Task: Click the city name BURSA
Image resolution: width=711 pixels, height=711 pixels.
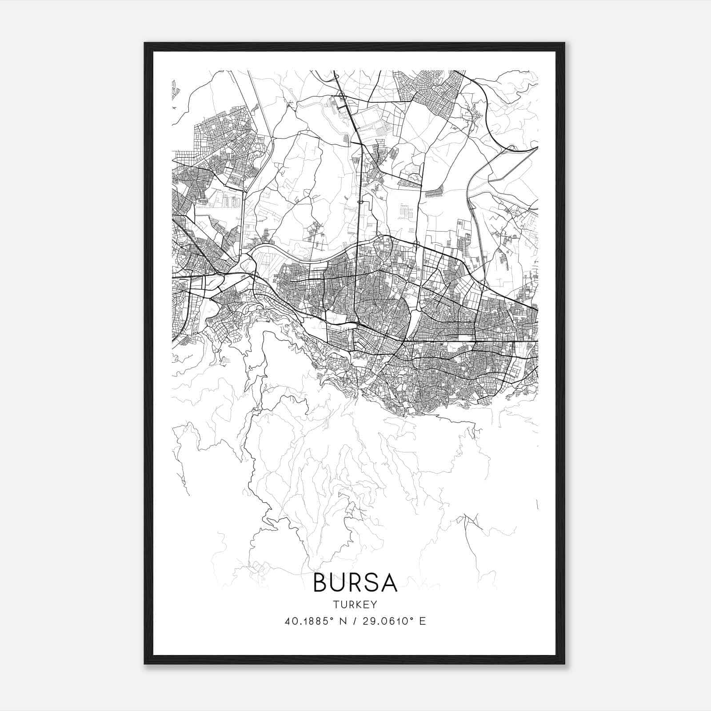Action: pos(355,582)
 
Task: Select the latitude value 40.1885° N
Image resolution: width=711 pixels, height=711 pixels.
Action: pos(314,621)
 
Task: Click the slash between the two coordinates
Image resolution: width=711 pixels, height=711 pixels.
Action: pos(355,621)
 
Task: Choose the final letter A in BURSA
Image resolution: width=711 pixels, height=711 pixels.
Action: pos(388,582)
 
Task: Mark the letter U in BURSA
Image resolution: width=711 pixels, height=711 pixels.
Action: pos(338,582)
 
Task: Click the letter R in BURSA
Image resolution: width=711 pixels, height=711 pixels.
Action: pos(355,582)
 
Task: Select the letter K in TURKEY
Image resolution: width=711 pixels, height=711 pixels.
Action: pos(358,604)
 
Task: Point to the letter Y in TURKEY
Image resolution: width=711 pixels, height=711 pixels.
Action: pos(374,604)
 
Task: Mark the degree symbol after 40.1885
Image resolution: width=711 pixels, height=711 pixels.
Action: pos(334,618)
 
